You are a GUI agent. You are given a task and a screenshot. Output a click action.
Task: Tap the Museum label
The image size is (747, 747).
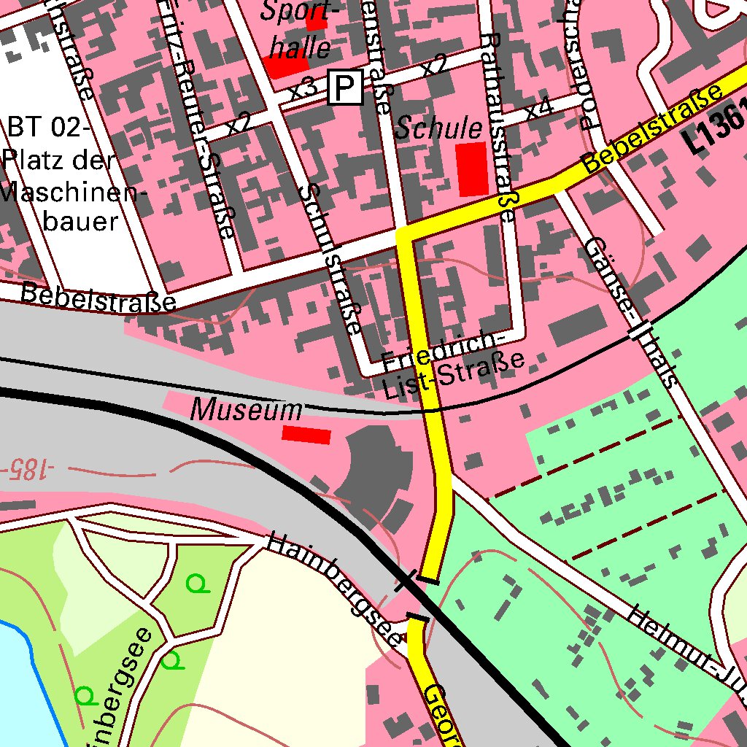pyautogui.click(x=246, y=411)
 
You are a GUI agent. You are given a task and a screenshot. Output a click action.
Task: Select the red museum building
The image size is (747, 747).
pyautogui.click(x=306, y=435)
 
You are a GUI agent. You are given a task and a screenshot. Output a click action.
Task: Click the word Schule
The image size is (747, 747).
pyautogui.click(x=439, y=129)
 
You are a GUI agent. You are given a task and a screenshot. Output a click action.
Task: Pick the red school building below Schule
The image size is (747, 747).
pyautogui.click(x=471, y=169)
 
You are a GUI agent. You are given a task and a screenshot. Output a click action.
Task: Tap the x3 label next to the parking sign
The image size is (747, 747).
pyautogui.click(x=303, y=90)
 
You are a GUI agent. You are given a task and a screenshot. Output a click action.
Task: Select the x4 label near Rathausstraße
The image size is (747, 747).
pyautogui.click(x=538, y=109)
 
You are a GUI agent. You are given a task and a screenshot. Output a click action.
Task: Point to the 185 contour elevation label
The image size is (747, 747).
pyautogui.click(x=23, y=467)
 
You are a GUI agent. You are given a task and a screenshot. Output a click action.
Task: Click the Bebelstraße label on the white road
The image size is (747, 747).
pyautogui.click(x=98, y=297)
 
